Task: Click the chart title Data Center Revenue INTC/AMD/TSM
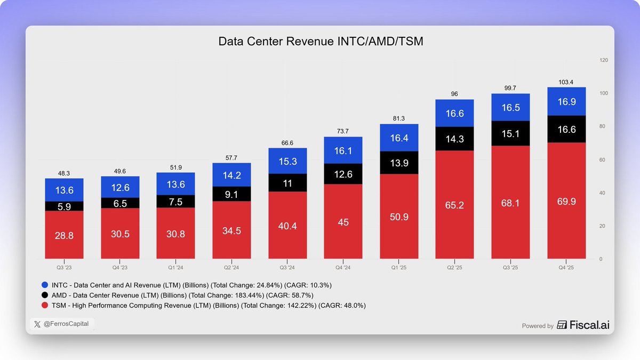coord(321,42)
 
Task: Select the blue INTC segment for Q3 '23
coord(65,190)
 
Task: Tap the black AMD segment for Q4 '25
coord(566,129)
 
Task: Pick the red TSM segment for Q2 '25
coord(454,205)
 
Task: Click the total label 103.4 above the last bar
coord(566,82)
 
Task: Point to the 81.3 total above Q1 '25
coord(398,118)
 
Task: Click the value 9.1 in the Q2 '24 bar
coord(231,195)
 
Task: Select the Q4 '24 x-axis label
coord(343,268)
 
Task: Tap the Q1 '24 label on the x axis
coord(175,268)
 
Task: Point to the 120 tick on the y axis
coord(604,60)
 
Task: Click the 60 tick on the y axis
coord(602,159)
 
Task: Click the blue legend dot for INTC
coord(45,285)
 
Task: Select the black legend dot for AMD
coord(45,295)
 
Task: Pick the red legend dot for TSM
coord(45,305)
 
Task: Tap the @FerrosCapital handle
coord(66,324)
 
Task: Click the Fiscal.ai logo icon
coord(562,325)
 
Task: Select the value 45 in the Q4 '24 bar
coord(343,222)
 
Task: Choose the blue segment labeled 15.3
coord(287,161)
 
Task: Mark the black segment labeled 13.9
coord(399,163)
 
